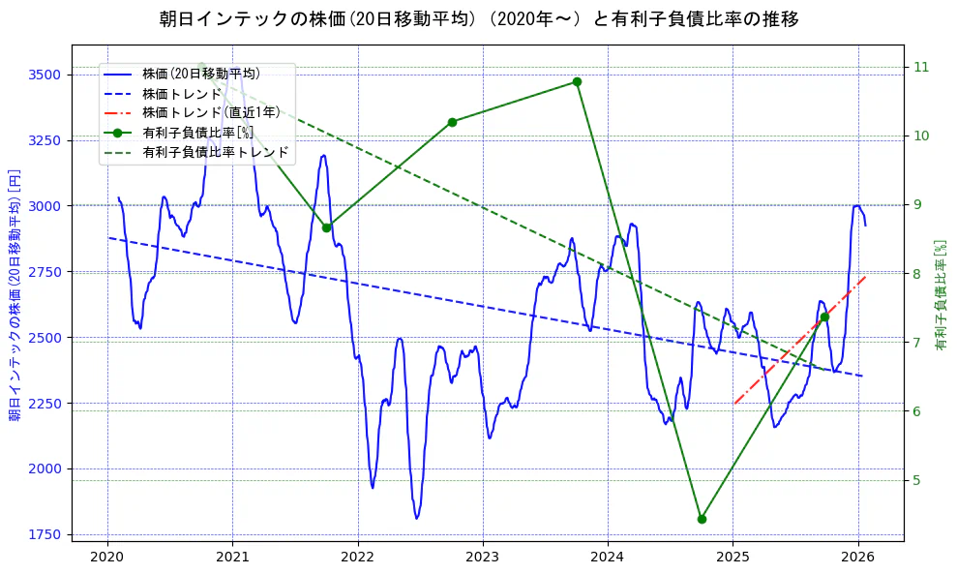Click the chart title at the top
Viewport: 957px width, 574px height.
coord(478,19)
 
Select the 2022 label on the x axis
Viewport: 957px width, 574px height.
coord(358,558)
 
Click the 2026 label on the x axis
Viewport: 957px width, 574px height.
coord(859,558)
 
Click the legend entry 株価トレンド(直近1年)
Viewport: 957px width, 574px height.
coord(211,112)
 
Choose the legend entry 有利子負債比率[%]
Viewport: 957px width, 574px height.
coord(197,133)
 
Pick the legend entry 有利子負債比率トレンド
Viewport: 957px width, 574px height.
coord(215,152)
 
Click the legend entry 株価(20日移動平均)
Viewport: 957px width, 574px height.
coord(200,73)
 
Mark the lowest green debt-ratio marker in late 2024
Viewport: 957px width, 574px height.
coord(702,519)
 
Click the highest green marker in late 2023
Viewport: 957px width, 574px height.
coord(577,82)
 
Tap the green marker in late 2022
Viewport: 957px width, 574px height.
coord(452,122)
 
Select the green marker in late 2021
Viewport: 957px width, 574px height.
coord(327,227)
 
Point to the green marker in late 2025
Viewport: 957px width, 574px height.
coord(824,317)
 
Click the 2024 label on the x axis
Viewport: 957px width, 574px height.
coord(609,558)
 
